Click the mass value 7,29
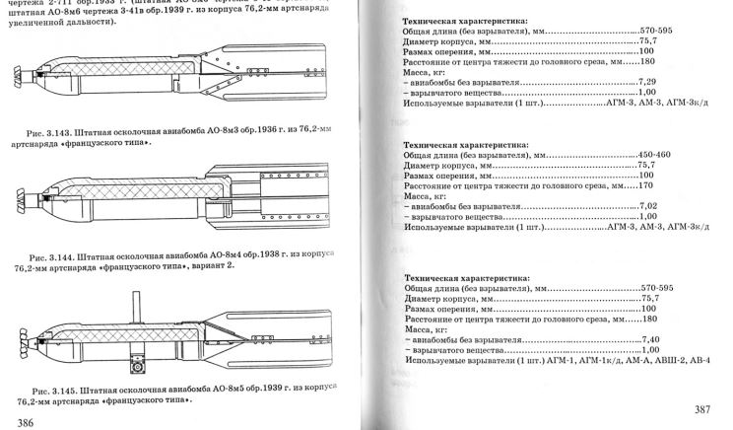click(647, 84)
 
